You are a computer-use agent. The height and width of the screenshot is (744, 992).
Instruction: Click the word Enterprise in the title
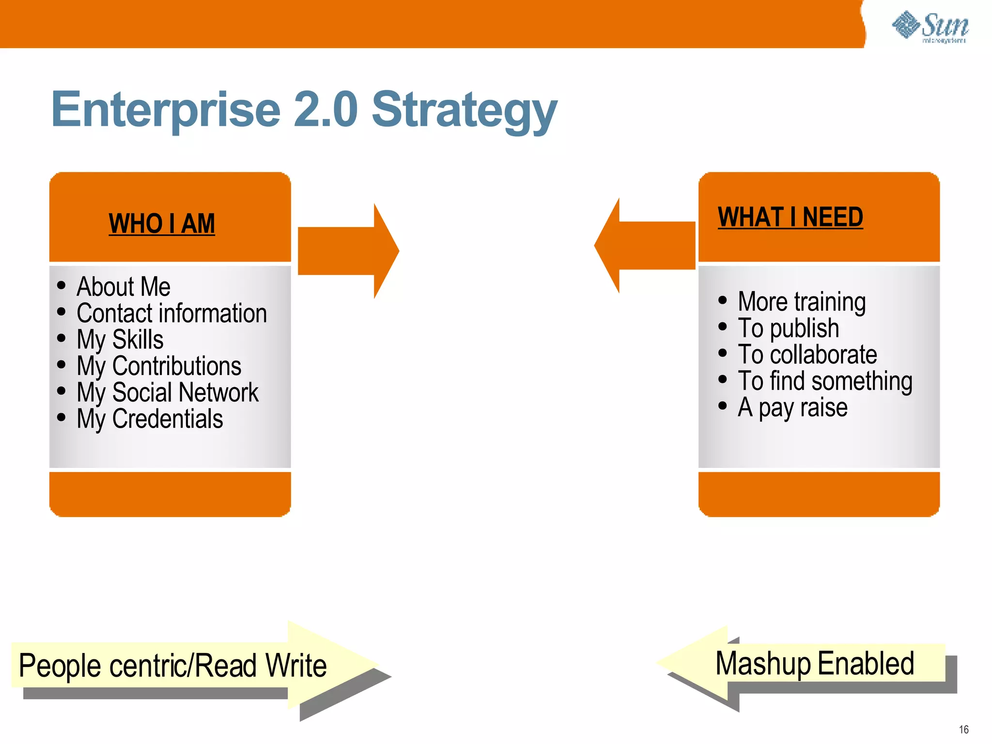coord(166,110)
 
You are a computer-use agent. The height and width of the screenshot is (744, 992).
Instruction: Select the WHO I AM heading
coord(162,224)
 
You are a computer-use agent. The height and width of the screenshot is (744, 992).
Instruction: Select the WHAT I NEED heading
coord(790,217)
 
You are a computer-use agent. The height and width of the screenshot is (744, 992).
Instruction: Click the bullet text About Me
coord(124,286)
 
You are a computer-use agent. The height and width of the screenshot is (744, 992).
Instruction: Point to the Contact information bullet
coord(171,313)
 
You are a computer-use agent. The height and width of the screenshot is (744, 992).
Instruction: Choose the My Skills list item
coord(120,339)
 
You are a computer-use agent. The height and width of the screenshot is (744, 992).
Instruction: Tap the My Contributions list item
coord(159,366)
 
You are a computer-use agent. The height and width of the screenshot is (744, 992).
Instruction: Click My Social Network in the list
coord(168,392)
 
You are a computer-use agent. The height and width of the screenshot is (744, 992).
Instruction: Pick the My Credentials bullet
coord(150,418)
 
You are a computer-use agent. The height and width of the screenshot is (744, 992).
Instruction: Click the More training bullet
coord(802,302)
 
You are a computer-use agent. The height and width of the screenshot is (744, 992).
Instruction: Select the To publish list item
coord(788,328)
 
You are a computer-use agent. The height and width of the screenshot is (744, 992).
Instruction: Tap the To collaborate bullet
coord(807,355)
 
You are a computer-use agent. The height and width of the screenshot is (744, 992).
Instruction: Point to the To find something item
coord(825,381)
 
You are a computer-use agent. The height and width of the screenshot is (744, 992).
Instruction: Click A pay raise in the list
coord(792,407)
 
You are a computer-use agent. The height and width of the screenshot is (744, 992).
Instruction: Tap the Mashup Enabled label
coord(814,663)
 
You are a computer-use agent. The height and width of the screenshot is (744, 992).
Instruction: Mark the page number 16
coord(963,729)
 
